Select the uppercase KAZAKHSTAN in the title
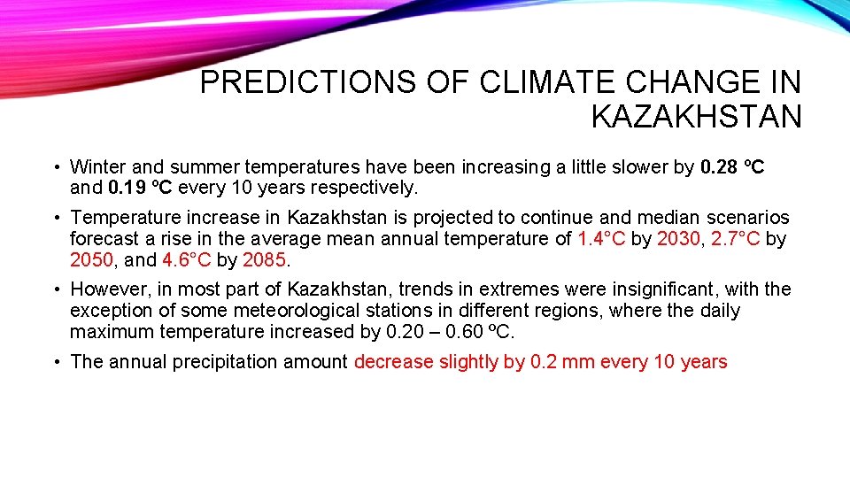point(696,116)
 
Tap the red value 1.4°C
point(601,238)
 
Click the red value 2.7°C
point(736,238)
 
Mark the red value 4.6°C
point(187,259)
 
